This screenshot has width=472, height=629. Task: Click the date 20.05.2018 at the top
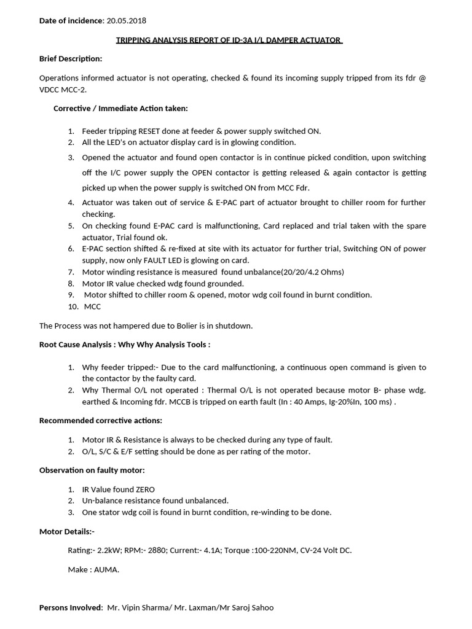click(126, 21)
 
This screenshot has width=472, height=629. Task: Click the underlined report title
click(229, 40)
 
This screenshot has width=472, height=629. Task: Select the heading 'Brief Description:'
click(71, 58)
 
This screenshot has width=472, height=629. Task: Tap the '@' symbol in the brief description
click(422, 78)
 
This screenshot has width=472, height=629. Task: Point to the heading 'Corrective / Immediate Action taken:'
click(120, 108)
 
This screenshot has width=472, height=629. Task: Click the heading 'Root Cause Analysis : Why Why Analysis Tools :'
click(125, 345)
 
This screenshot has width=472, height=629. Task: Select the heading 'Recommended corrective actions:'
click(101, 421)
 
